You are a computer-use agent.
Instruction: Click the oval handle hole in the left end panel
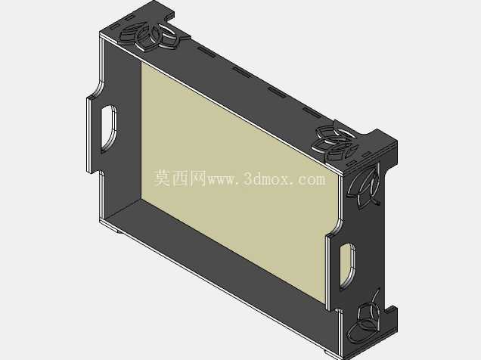pos(109,129)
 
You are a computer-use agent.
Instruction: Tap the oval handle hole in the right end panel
pos(348,265)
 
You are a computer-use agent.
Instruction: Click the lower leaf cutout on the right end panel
pos(365,319)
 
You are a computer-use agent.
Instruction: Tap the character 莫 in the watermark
pos(162,178)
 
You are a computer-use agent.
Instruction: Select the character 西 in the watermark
pos(180,178)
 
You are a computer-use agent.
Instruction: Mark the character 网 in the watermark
pos(198,178)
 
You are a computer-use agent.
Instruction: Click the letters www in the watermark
pos(222,180)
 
